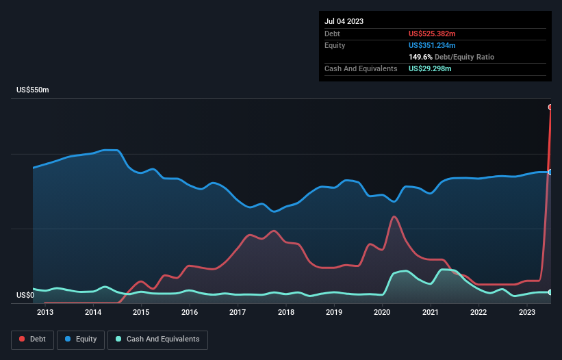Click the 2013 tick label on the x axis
coord(45,313)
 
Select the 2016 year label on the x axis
coord(190,313)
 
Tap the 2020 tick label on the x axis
coord(382,313)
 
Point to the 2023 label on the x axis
coord(526,313)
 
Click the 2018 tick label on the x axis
coord(286,313)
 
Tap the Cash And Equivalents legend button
coord(157,339)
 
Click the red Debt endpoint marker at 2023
coord(550,107)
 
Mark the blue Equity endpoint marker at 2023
coord(550,172)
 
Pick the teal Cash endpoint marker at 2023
coord(550,292)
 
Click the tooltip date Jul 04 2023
coord(344,21)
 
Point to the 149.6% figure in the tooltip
coord(421,57)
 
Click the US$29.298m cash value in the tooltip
coord(431,68)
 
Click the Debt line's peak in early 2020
coord(394,217)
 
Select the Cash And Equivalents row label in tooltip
coord(361,68)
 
